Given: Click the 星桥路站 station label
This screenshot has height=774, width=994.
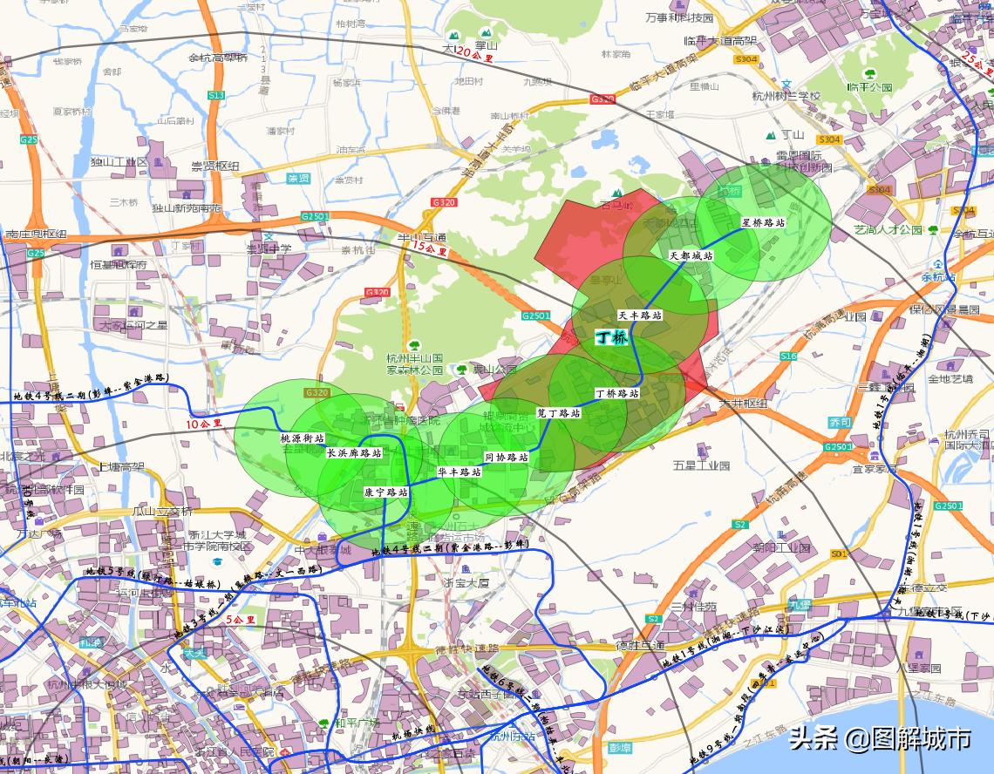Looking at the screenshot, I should click(x=763, y=222).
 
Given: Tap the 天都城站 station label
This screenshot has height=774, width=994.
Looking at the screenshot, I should click(x=691, y=256).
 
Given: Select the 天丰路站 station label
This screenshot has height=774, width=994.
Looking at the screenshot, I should click(x=640, y=315).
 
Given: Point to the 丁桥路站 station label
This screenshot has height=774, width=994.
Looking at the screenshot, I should click(x=617, y=393).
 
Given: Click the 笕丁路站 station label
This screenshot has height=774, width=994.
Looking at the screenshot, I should click(x=558, y=413).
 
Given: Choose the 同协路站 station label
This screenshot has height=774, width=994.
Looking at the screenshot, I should click(x=506, y=457).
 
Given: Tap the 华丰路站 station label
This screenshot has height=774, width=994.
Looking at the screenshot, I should click(x=460, y=472).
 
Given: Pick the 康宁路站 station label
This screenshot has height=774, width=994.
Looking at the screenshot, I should click(x=386, y=492).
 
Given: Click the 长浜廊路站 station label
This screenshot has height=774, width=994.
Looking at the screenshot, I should click(x=354, y=453).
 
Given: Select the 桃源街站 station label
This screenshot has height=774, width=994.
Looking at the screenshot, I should click(x=302, y=438).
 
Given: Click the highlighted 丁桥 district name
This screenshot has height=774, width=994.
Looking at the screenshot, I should click(x=610, y=337).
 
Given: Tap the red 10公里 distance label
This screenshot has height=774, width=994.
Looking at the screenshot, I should click(x=204, y=424).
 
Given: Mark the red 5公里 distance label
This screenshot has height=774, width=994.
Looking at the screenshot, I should click(x=240, y=620).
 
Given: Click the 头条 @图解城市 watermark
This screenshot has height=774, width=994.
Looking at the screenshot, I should click(x=880, y=739).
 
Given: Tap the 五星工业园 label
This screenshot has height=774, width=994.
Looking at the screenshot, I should click(x=700, y=465).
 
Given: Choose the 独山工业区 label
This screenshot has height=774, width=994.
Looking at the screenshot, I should click(x=120, y=161).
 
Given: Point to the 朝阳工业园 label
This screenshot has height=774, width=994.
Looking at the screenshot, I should click(x=781, y=548).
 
